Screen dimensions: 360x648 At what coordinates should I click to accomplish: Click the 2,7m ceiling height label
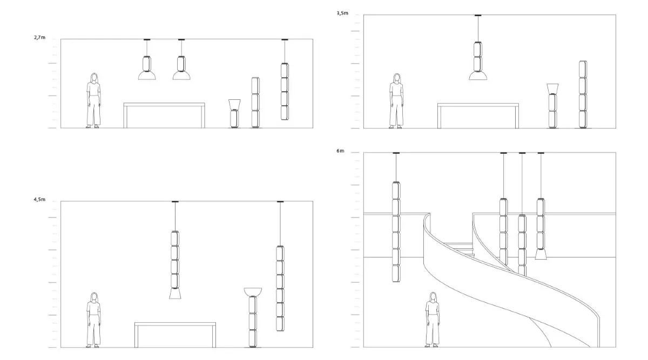(x=39, y=38)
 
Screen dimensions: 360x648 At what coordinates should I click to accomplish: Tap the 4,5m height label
(x=39, y=200)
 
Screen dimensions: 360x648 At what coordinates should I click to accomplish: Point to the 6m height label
(x=340, y=151)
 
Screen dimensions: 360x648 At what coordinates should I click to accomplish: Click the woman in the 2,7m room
(x=94, y=101)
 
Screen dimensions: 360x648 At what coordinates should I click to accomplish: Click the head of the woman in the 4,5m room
(x=94, y=297)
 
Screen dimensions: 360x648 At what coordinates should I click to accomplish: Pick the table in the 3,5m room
(x=478, y=105)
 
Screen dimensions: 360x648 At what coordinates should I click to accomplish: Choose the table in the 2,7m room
(x=164, y=105)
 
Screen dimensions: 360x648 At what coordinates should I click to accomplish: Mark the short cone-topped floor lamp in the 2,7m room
(x=234, y=114)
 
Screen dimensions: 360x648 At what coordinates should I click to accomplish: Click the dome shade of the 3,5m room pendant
(x=477, y=76)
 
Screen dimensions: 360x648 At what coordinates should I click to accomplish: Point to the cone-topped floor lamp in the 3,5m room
(x=552, y=106)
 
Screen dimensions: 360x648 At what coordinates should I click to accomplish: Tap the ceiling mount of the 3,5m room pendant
(x=477, y=16)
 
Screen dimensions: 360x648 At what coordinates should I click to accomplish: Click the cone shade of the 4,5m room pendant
(x=175, y=293)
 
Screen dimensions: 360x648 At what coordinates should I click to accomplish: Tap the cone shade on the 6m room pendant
(x=541, y=254)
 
